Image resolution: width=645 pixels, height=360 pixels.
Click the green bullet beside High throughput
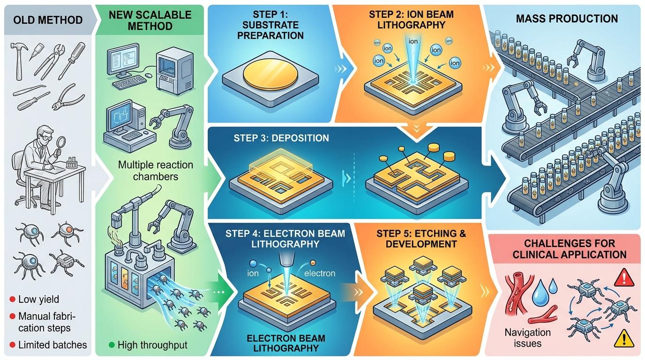111,345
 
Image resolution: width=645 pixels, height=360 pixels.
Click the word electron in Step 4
320,273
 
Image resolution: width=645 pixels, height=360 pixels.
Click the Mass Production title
566,19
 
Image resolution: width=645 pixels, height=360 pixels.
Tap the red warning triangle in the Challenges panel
622,279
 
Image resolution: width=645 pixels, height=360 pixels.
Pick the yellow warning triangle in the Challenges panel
622,337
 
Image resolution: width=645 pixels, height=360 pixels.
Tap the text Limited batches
52,345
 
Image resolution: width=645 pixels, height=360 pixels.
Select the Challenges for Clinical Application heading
569,249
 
